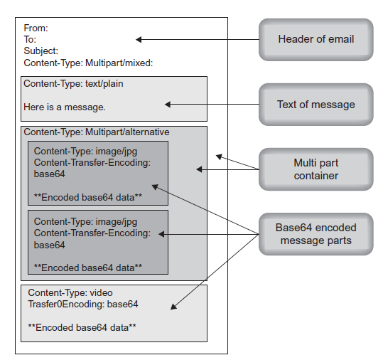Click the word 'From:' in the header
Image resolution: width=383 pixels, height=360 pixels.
(36, 28)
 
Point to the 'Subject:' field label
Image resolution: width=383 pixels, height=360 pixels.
(41, 51)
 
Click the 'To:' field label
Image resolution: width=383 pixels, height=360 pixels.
(30, 40)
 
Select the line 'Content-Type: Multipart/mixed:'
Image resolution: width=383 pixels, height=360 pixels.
(88, 63)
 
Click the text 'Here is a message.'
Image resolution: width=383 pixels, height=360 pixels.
(65, 107)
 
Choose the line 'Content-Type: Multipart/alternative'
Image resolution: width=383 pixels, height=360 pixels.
(97, 132)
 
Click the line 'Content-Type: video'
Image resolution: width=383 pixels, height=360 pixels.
(70, 292)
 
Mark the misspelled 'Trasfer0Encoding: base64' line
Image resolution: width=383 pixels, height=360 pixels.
(83, 304)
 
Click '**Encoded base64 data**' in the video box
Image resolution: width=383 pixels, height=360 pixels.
(82, 327)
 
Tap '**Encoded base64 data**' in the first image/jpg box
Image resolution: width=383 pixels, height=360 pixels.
(87, 196)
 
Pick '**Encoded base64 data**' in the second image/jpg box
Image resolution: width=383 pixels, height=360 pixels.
(87, 268)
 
